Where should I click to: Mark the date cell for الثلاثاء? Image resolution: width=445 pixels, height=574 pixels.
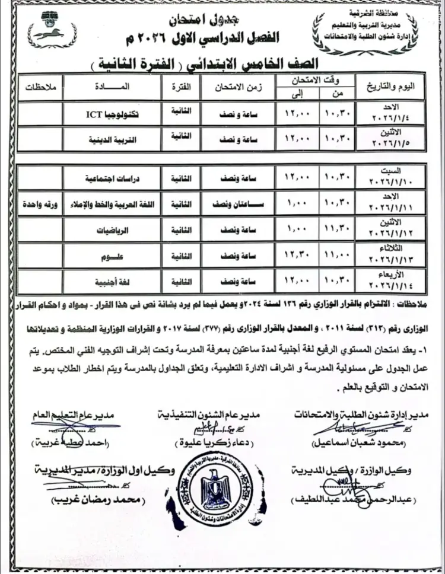[x=392, y=255]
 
